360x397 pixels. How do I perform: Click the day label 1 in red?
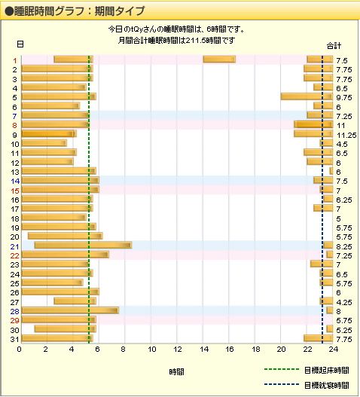14,60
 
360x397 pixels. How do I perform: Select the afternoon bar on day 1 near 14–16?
219,60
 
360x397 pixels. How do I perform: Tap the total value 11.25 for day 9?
346,134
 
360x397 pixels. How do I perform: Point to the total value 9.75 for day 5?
343,97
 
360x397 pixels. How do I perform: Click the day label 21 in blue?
14,246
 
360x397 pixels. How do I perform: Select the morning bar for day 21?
83,246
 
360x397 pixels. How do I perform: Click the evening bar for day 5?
307,96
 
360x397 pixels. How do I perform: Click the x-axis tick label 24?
334,349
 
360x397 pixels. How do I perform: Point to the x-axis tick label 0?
20,349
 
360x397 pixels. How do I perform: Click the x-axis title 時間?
176,371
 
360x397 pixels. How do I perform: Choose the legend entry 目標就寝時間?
326,384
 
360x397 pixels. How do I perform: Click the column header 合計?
334,44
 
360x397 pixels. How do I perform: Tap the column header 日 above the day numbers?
20,44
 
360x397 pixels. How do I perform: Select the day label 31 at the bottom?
14,339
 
